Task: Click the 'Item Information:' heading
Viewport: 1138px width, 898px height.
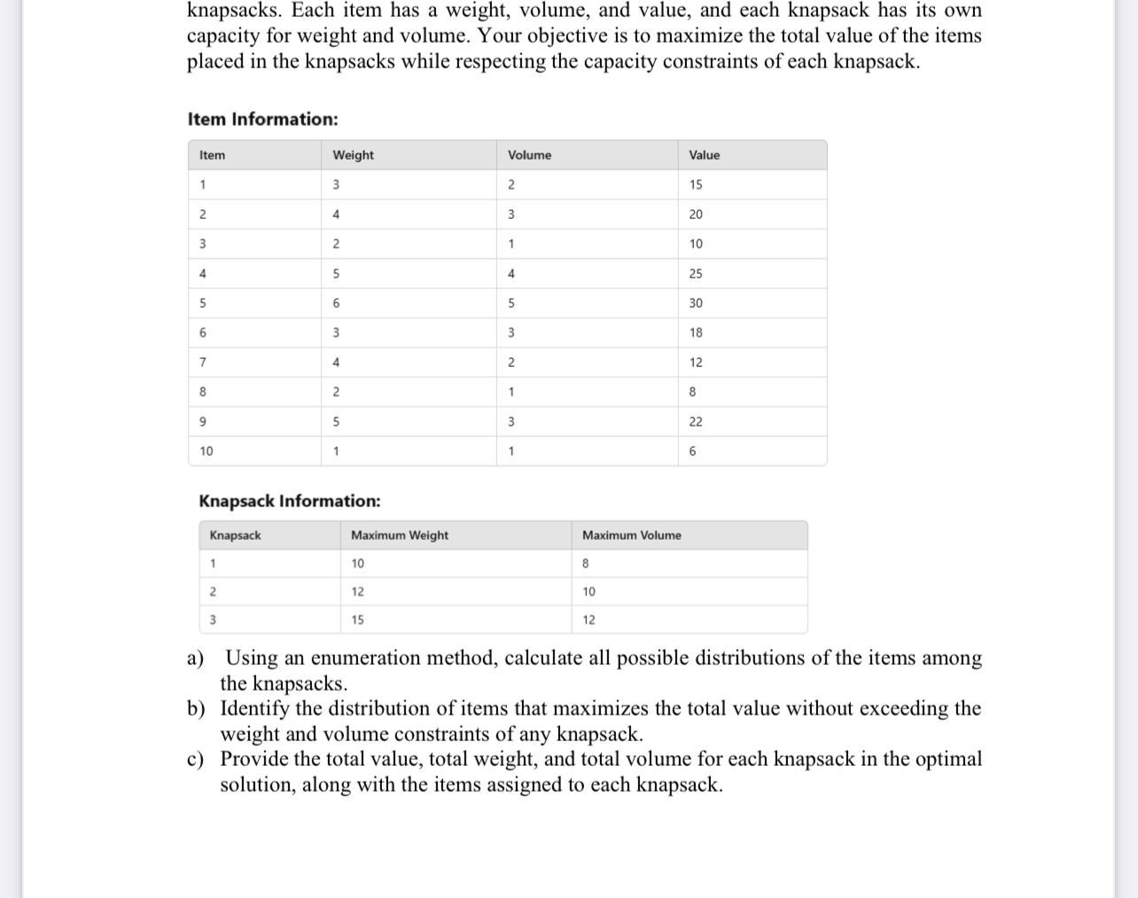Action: (262, 120)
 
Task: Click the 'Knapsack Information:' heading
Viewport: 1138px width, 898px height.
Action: (290, 501)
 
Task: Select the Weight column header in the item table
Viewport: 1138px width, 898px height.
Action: (353, 155)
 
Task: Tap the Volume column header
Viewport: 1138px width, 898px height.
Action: (529, 155)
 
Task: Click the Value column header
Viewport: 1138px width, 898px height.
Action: (704, 155)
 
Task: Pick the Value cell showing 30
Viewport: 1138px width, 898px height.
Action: (696, 303)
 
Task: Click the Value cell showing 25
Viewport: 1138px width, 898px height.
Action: (696, 274)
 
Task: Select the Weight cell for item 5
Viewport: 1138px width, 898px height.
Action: (336, 303)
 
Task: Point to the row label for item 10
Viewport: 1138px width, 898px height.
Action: (207, 451)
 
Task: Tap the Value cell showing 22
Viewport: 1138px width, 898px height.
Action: (696, 422)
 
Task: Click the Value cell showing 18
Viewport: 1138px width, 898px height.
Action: (696, 332)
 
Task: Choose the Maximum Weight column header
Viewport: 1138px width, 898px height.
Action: (399, 535)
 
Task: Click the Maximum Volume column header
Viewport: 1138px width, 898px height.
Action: (631, 535)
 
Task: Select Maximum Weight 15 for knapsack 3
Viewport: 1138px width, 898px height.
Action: (357, 620)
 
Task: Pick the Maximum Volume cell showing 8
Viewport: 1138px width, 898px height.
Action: (586, 564)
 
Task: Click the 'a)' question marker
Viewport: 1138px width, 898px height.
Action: (196, 658)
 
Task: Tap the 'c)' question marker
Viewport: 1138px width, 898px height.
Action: (196, 759)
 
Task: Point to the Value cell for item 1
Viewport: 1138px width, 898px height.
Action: (696, 184)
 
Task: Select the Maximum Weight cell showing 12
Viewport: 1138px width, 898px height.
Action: (357, 591)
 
